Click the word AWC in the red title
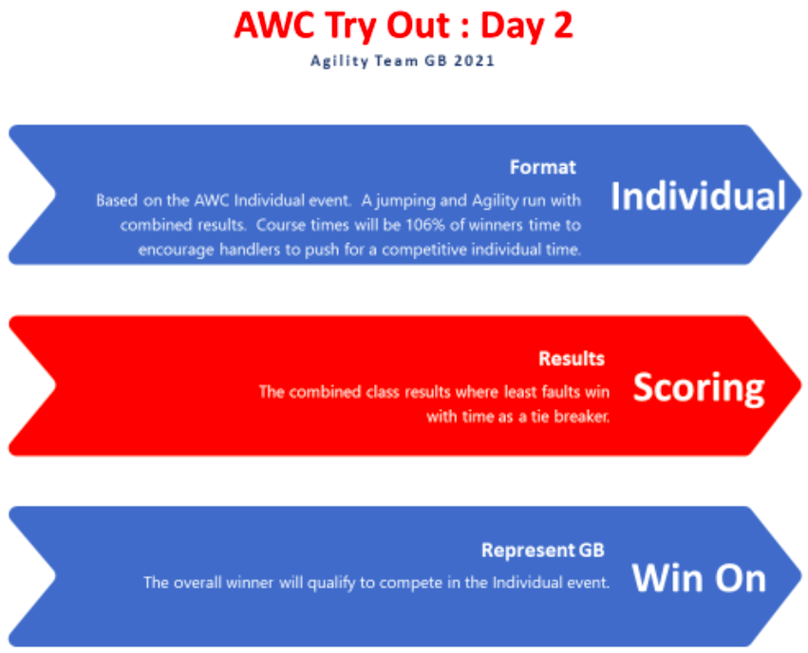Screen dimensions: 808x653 click(274, 26)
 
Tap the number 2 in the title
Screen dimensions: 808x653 click(563, 25)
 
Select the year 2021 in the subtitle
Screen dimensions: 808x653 click(474, 61)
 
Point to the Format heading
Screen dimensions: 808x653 click(542, 167)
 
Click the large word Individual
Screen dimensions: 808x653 click(698, 196)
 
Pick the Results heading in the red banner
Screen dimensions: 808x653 click(572, 359)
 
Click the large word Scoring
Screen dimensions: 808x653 click(699, 389)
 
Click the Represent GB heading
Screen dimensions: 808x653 click(543, 550)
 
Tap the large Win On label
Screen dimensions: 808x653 click(699, 579)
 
